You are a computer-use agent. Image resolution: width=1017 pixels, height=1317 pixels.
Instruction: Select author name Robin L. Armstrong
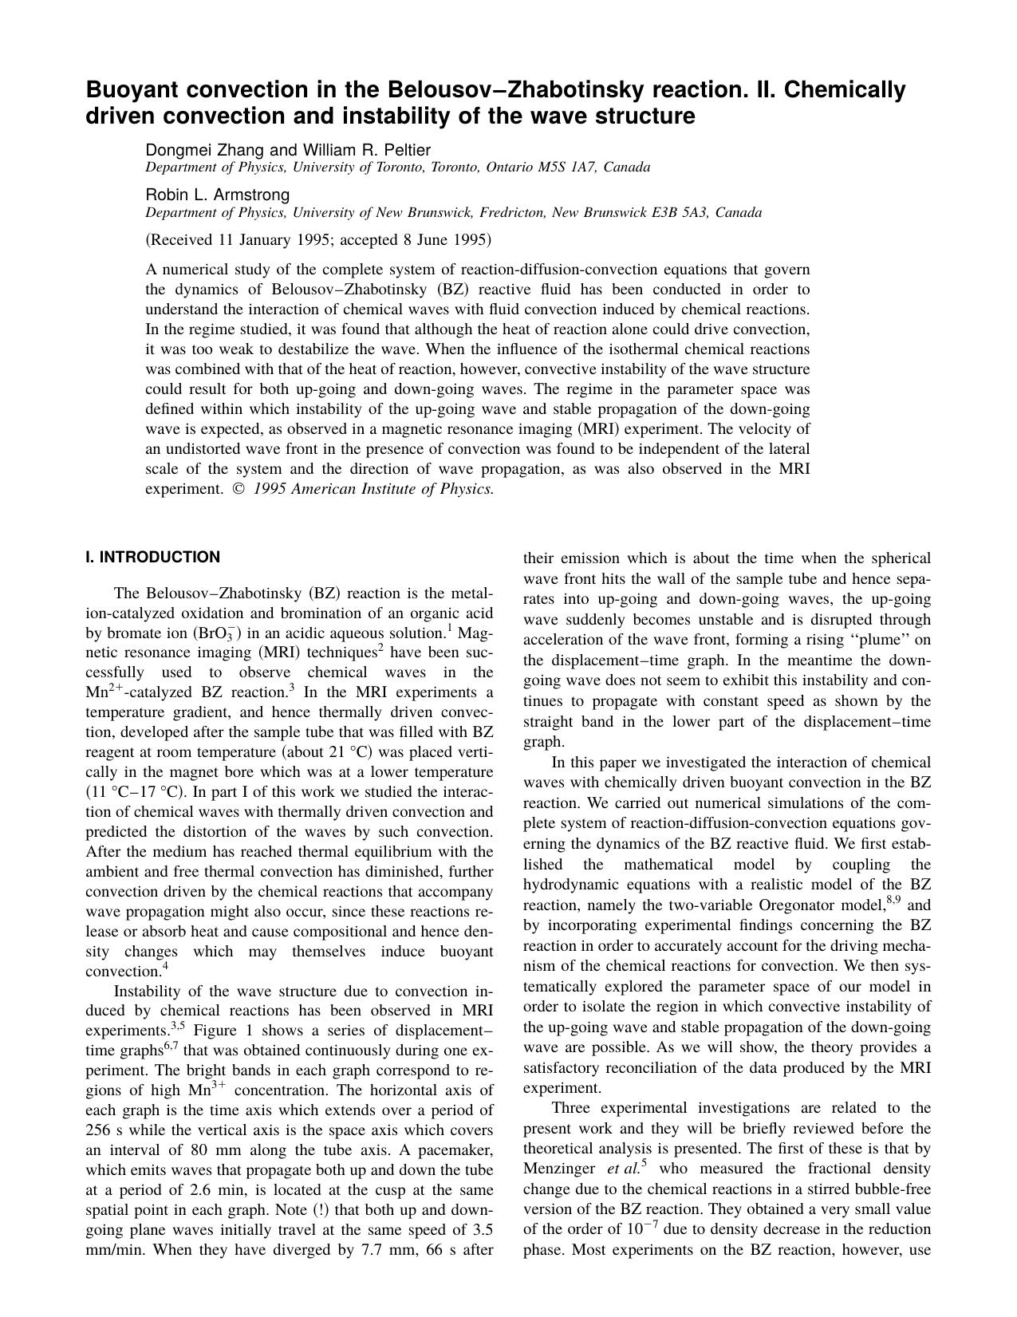coord(217,195)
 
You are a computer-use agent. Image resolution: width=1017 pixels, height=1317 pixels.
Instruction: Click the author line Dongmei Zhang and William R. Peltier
coord(287,150)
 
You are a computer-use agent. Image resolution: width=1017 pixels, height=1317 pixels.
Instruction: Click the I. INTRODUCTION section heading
coord(152,558)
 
